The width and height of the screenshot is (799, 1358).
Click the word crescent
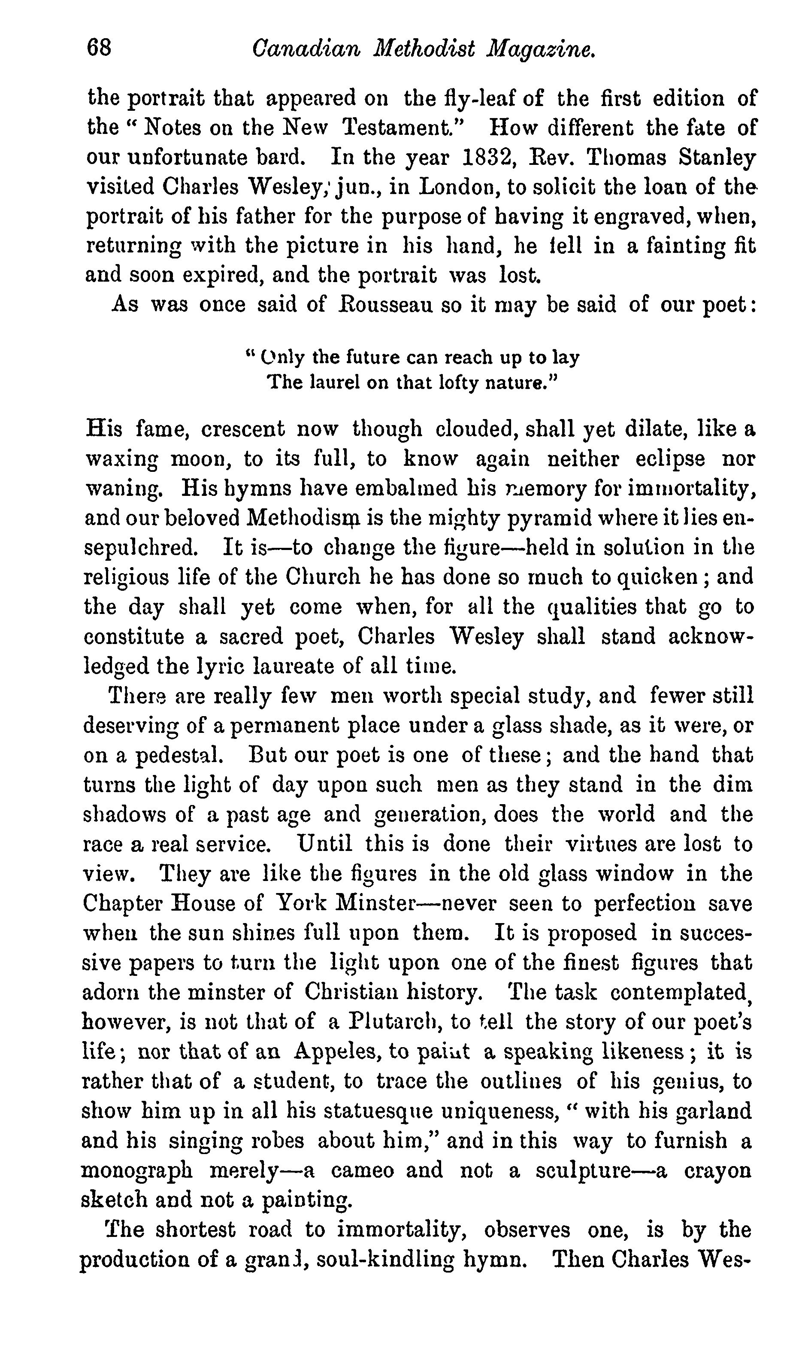242,429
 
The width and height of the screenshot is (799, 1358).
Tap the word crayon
717,1170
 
